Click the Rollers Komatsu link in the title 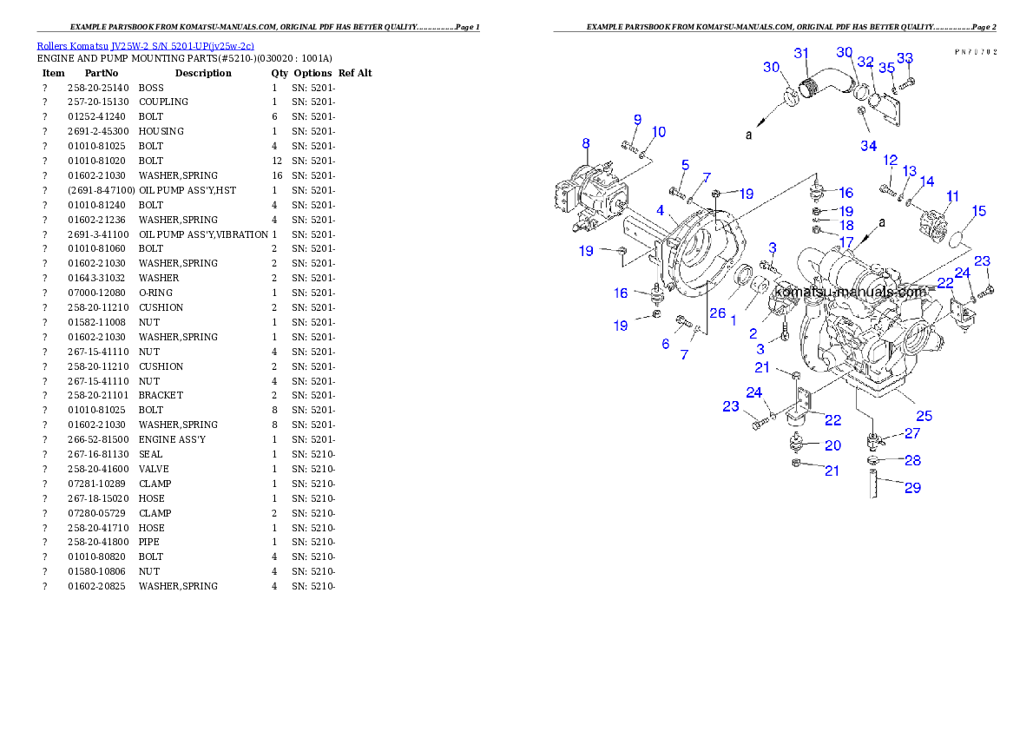click(x=72, y=46)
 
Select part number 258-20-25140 click(x=98, y=88)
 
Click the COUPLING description click(x=163, y=102)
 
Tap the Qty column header click(x=280, y=73)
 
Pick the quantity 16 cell click(x=277, y=176)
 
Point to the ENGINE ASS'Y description click(x=172, y=439)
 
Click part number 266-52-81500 click(x=98, y=439)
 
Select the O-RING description click(x=155, y=293)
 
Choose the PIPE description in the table click(x=149, y=542)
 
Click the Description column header click(x=203, y=73)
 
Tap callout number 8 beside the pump click(x=586, y=144)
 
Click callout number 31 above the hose click(x=801, y=53)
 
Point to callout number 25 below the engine click(x=924, y=416)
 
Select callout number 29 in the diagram click(x=912, y=488)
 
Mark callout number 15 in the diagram click(x=979, y=211)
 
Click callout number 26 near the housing click(x=717, y=313)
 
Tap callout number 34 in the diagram click(x=869, y=146)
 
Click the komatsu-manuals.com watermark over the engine click(x=851, y=292)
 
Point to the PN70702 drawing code click(x=976, y=51)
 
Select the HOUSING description click(x=161, y=131)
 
